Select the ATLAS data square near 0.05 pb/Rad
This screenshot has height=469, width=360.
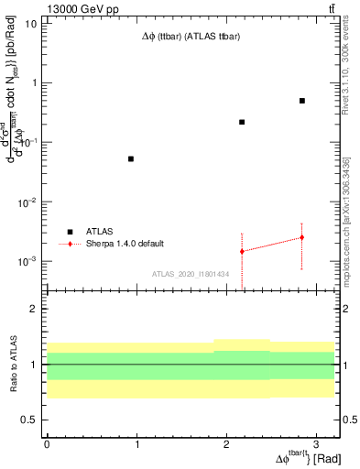[131, 158]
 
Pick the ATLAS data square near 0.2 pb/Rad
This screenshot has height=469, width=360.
[242, 122]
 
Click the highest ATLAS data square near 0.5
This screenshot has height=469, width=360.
[301, 101]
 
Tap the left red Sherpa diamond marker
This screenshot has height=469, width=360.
[242, 251]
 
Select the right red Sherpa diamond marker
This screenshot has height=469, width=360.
[301, 237]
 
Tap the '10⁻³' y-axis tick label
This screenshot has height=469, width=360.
[27, 261]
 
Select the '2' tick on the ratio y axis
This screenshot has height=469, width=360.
[35, 310]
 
